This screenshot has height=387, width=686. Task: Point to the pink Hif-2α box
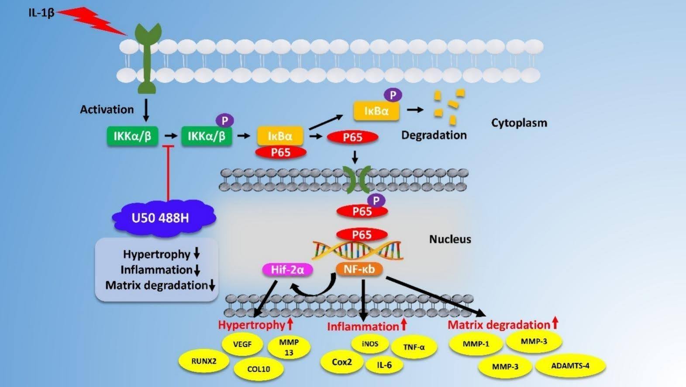(287, 270)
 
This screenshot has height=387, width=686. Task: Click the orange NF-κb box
(359, 269)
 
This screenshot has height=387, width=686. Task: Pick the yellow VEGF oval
(242, 344)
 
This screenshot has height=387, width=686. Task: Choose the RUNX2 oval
(204, 361)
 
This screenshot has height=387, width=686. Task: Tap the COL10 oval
(259, 369)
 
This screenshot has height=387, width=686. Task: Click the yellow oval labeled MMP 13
(289, 347)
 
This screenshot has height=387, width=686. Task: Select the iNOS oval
(370, 344)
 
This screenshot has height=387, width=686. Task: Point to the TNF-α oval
(414, 347)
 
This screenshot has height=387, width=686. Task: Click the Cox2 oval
(341, 362)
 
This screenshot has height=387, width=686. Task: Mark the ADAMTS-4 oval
(570, 366)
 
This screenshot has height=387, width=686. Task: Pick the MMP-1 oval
(476, 344)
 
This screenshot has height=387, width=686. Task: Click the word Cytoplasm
(519, 123)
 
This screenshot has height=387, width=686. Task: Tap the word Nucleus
(450, 239)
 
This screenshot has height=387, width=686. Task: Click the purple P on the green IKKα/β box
(225, 120)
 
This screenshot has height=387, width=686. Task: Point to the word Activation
(107, 109)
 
